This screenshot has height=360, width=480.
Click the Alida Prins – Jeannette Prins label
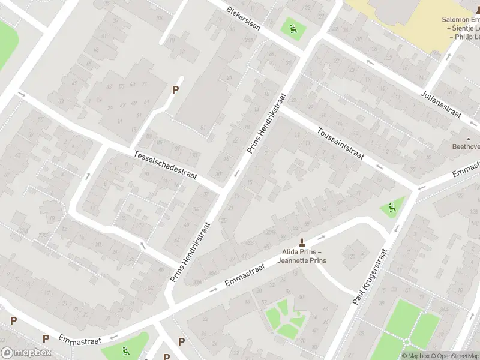point(301,257)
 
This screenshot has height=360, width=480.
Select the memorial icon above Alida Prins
point(301,242)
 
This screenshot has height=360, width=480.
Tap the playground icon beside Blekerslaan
point(292,27)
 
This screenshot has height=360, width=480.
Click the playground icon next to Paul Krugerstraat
point(392,209)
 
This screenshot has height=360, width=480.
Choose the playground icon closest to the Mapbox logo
point(125,351)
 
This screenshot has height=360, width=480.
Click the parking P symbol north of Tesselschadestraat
point(175,90)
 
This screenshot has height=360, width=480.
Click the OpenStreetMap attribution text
point(453,356)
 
